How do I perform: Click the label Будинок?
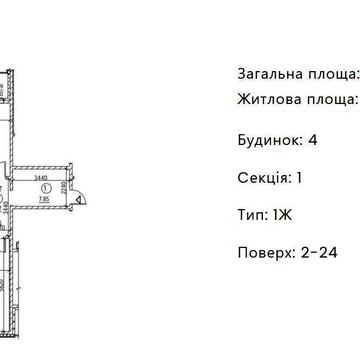[x=270, y=139]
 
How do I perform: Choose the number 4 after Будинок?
[x=313, y=139]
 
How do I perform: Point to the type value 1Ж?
[x=284, y=214]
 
